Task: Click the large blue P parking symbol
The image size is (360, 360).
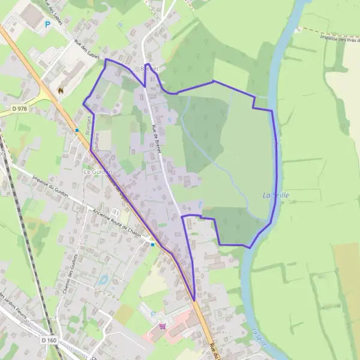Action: [x=47, y=25]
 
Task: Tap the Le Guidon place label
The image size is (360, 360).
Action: [x=94, y=172]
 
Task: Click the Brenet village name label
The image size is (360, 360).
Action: [x=148, y=69]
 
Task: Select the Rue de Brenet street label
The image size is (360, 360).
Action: [x=157, y=138]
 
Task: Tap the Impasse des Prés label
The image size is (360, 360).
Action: [x=339, y=39]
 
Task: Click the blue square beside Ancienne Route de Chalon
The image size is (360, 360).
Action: [x=153, y=244]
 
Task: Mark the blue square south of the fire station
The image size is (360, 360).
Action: [x=77, y=130]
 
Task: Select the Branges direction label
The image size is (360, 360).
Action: [x=88, y=122]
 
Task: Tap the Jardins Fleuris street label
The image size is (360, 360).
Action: [x=9, y=303]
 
